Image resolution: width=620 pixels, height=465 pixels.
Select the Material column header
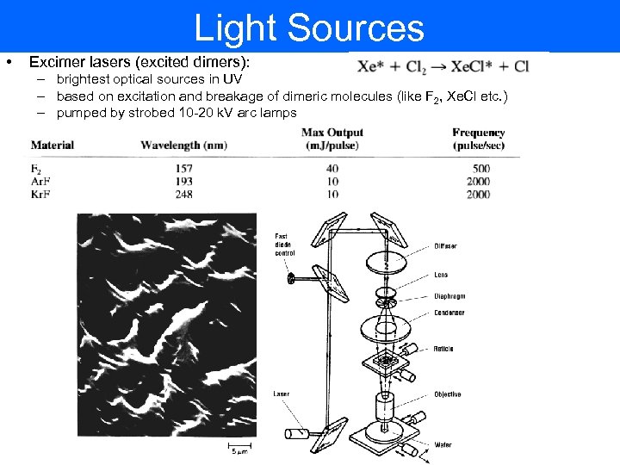point(53,145)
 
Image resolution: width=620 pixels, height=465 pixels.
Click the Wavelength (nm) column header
point(183,145)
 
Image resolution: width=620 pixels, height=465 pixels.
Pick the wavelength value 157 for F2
point(183,169)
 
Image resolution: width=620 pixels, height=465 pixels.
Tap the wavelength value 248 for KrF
point(183,195)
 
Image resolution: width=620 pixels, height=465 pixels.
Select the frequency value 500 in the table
point(481,169)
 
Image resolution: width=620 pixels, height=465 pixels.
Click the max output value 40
point(332,169)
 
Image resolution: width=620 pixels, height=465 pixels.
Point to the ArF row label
point(40,182)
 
